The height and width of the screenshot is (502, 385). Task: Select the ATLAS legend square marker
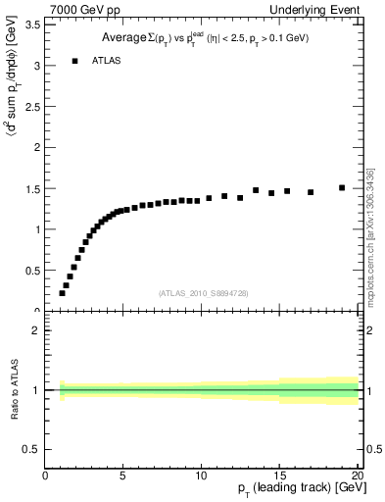[74, 61]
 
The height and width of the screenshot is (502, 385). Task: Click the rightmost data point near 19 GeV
[342, 187]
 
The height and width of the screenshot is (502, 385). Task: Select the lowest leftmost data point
[62, 293]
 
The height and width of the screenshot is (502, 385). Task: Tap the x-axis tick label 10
[201, 477]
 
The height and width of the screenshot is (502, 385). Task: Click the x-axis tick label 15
[279, 477]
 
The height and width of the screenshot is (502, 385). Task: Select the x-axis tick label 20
[357, 477]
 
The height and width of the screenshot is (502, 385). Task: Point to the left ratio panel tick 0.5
[31, 449]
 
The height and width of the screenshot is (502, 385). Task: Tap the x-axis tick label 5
[123, 477]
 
